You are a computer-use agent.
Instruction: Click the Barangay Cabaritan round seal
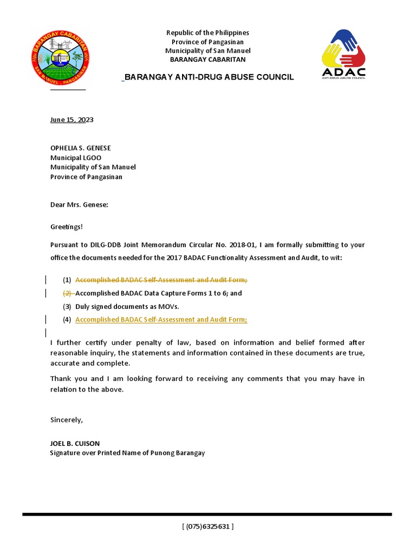(x=61, y=58)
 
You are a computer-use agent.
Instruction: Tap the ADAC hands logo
(x=343, y=54)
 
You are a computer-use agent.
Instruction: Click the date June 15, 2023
(x=72, y=120)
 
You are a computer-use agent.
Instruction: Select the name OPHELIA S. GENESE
(x=81, y=148)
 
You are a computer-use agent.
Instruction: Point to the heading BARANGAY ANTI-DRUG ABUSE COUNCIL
(x=209, y=77)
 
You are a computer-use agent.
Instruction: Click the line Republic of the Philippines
(x=207, y=33)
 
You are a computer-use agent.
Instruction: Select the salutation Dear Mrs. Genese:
(x=79, y=205)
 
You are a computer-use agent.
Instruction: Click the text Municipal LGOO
(x=76, y=157)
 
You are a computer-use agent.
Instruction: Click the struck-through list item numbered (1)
(x=161, y=280)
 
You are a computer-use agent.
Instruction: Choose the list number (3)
(x=67, y=306)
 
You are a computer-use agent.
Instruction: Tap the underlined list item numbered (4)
(x=161, y=320)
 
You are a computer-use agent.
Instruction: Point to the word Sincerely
(x=66, y=419)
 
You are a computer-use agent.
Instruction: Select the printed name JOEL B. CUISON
(x=75, y=443)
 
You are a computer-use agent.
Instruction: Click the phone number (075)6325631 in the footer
(x=208, y=526)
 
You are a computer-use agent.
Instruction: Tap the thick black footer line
(x=207, y=514)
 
